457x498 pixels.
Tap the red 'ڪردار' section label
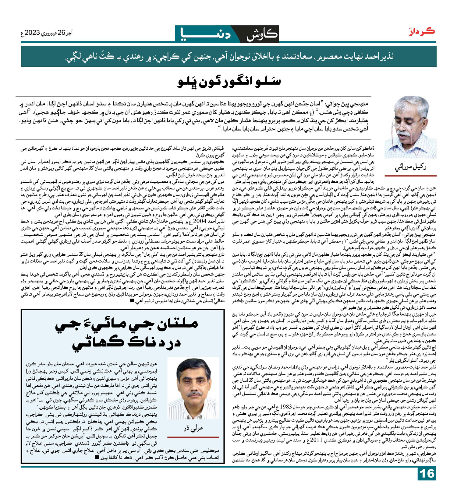click(422, 31)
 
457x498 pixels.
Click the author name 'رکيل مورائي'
click(410, 167)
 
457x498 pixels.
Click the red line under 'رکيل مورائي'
click(410, 176)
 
